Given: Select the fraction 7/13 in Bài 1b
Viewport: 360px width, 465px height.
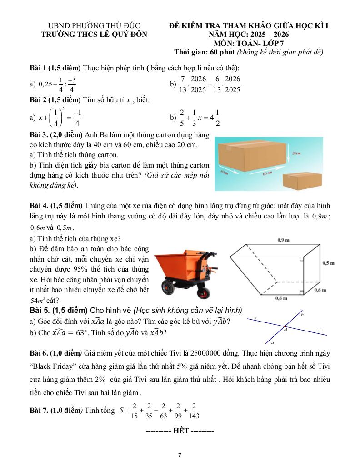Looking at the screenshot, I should point(182,84).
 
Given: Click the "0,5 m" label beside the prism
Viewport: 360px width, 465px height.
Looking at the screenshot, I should point(329,262).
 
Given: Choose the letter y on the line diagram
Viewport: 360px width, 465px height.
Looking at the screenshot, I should point(320,330).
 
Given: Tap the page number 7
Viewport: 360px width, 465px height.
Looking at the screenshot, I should point(180,455).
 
